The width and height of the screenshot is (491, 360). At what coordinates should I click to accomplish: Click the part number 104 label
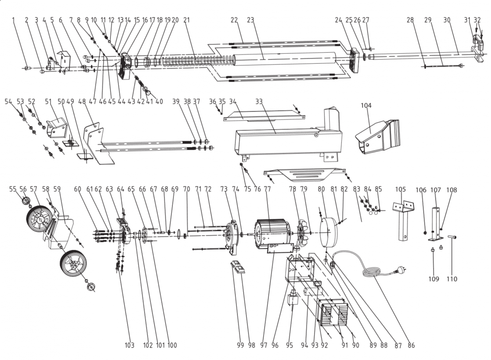tap(366, 105)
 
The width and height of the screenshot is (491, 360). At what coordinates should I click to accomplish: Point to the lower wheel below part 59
tap(73, 263)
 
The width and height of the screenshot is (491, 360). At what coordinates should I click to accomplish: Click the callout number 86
tap(411, 345)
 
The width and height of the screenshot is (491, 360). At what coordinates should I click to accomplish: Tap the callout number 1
tap(14, 20)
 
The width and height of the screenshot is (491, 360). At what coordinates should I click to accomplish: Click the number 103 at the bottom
tap(130, 345)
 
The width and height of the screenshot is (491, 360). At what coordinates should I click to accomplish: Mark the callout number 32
tap(477, 20)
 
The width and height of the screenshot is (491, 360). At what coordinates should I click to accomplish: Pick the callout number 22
tap(235, 20)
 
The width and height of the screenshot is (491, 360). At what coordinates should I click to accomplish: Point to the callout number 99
tap(240, 345)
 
